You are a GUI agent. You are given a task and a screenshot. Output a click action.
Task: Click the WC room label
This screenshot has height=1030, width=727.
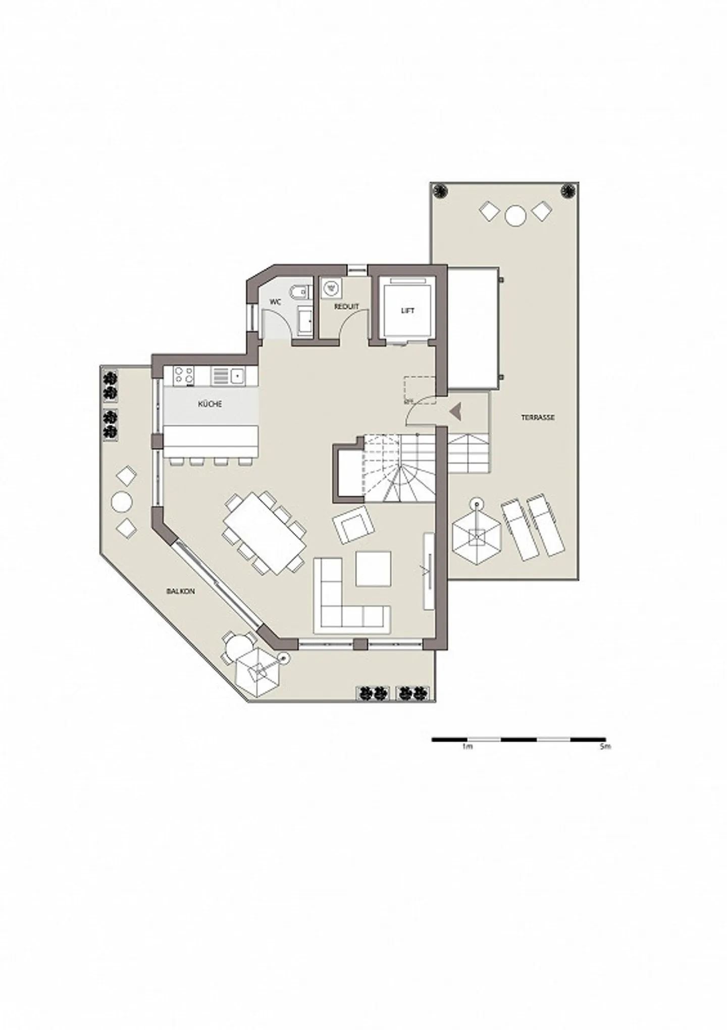[x=275, y=302]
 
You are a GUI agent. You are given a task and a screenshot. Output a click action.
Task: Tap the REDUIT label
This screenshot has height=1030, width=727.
[x=346, y=307]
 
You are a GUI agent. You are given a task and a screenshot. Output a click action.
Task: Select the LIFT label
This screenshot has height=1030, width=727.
[x=407, y=311]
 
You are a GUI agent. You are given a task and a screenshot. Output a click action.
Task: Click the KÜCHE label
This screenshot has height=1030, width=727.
[x=210, y=404]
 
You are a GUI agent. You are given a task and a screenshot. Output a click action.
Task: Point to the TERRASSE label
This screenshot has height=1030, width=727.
[x=538, y=418]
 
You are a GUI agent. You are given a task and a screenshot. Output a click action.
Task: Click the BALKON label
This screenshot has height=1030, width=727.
[x=180, y=591]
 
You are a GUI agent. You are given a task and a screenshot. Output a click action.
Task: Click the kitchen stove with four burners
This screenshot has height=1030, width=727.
[x=183, y=375]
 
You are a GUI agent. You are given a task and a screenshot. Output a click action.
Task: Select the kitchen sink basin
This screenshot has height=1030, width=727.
[x=237, y=375]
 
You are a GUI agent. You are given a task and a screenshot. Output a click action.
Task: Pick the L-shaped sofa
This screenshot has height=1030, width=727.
[x=343, y=604]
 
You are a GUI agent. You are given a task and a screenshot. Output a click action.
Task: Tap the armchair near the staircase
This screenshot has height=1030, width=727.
[x=353, y=524]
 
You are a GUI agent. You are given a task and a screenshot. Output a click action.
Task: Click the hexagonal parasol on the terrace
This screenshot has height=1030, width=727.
[x=476, y=537]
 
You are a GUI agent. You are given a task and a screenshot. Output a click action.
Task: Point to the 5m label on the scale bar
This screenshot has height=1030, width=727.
[x=605, y=746]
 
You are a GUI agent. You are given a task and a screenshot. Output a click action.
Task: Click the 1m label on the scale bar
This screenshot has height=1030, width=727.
[x=467, y=746]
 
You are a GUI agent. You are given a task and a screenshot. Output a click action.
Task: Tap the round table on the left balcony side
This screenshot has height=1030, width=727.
[x=122, y=502]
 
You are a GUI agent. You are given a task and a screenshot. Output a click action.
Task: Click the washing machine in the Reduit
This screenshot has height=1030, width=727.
[x=332, y=288]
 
